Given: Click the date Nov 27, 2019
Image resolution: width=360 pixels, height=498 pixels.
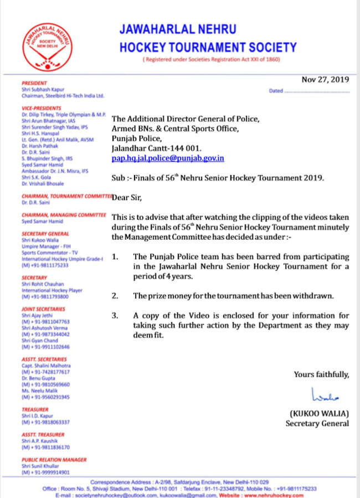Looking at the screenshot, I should pos(325,79).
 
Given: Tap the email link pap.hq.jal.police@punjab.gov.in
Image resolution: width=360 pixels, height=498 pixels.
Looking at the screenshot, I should pos(168,158).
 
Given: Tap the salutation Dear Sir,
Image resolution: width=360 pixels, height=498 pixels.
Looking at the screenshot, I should pos(125,196).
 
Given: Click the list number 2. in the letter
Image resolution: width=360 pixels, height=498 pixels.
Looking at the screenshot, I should pos(115,296).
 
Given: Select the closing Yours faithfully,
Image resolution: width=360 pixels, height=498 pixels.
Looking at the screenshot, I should pos(321,374).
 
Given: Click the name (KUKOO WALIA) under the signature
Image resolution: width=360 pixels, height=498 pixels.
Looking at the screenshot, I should pos(319,414).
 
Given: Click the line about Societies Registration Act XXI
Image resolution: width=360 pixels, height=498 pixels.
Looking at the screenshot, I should pos(211,59).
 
